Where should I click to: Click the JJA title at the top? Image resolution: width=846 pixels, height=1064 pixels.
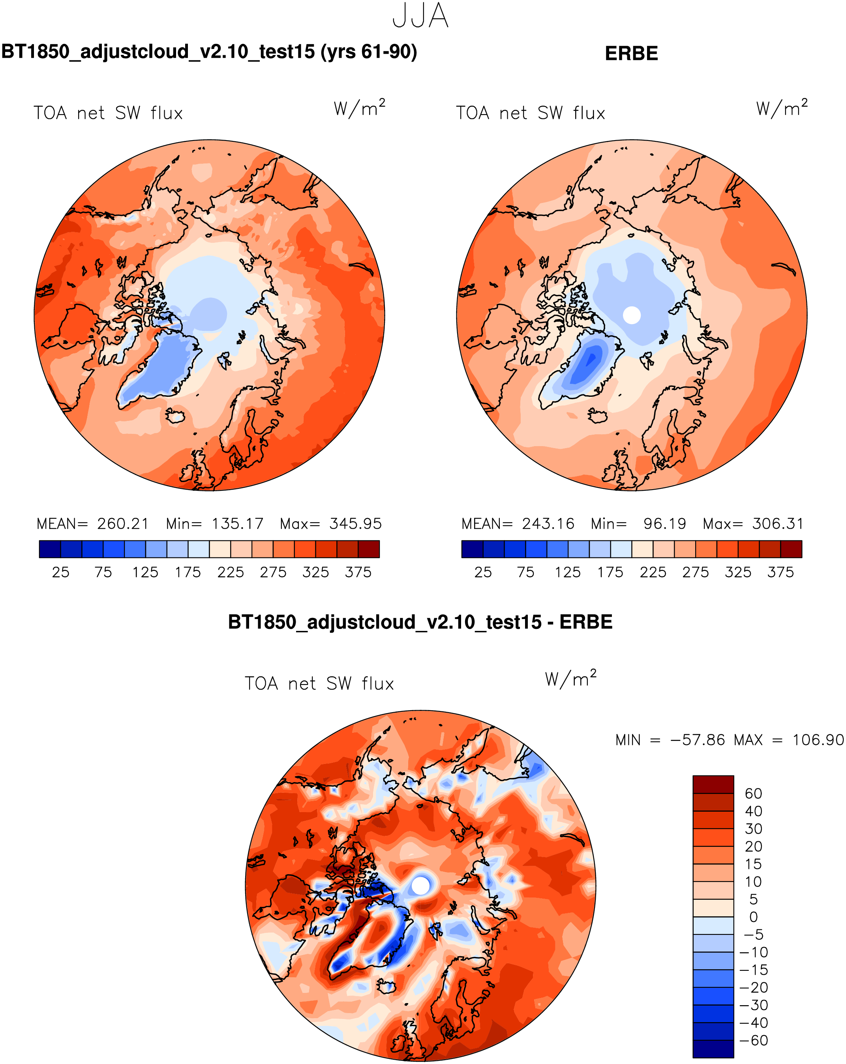(x=420, y=16)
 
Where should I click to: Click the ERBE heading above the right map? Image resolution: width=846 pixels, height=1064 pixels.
(x=631, y=54)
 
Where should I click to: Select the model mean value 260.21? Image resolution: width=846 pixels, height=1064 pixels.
(x=123, y=524)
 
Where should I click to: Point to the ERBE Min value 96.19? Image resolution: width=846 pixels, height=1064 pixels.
(x=664, y=524)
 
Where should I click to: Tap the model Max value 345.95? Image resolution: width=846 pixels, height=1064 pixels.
(x=355, y=524)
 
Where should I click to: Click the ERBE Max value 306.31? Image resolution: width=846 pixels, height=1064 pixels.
(x=778, y=524)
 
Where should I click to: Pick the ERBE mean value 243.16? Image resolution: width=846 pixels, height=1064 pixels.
(x=548, y=524)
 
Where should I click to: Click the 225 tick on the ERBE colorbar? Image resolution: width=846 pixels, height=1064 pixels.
(x=653, y=572)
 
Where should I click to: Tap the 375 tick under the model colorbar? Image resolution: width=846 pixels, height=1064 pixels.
(x=358, y=572)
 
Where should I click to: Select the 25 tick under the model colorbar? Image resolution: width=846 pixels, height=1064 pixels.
(x=61, y=572)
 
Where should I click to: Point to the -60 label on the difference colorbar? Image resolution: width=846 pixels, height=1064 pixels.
(x=754, y=1041)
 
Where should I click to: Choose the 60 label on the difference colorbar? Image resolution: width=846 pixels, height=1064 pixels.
(x=754, y=794)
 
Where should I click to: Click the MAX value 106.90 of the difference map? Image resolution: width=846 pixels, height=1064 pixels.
(x=818, y=740)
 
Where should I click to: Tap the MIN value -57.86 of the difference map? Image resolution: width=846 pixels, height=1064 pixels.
(x=698, y=740)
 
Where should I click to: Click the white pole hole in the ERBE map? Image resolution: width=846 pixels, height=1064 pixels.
(x=632, y=315)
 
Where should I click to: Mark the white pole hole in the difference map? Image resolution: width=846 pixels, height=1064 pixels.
(x=420, y=885)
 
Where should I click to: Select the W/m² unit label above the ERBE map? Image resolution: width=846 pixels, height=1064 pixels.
(x=782, y=108)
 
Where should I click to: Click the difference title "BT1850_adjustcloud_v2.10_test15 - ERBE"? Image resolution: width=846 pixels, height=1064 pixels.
(x=420, y=622)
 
